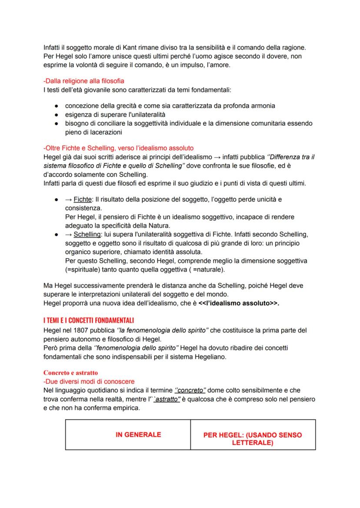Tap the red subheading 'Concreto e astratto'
[x=71, y=372]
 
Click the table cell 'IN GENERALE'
[x=138, y=434]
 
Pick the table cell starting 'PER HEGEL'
[x=253, y=439]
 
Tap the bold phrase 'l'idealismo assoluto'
[x=238, y=303]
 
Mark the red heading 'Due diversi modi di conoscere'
[x=90, y=381]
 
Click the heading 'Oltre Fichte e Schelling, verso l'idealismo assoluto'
[x=118, y=148]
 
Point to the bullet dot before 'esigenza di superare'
[x=57, y=115]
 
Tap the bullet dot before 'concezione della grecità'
[x=57, y=106]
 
